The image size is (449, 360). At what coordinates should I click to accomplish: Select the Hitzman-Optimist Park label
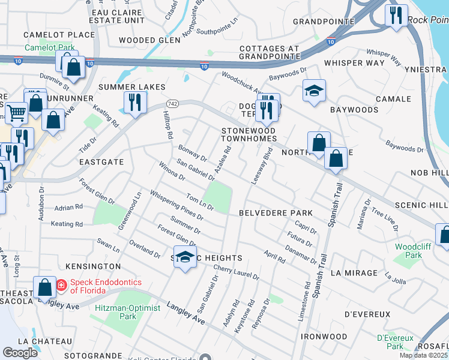pos(127,308)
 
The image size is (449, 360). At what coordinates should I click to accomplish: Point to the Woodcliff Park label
pos(409,251)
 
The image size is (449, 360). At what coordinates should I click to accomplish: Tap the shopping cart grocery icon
pos(16,112)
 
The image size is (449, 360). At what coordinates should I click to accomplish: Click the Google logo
pos(20,353)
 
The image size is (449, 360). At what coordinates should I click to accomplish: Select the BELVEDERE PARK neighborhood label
pos(276,213)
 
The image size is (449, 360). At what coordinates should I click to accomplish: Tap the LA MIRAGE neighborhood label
pos(354,273)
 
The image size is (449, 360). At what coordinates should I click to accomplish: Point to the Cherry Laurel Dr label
pos(236,273)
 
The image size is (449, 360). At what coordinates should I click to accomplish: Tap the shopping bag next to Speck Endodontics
pos(45,287)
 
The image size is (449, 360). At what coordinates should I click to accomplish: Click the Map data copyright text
pos(423,355)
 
